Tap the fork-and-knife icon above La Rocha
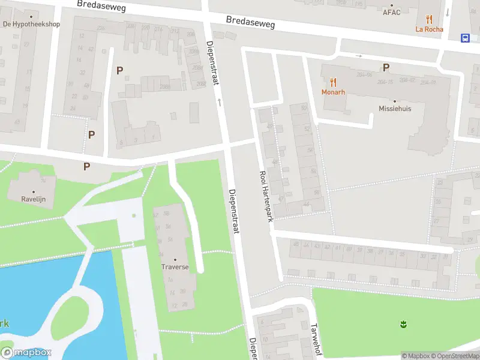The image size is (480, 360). point(428,19)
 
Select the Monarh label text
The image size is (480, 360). point(333,92)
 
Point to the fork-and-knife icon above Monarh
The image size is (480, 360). point(333,82)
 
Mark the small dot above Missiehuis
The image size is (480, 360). point(395,101)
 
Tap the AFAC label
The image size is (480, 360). point(391,12)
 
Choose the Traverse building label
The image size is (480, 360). point(175,266)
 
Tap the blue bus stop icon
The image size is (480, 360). point(466,38)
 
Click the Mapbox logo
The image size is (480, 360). point(26,353)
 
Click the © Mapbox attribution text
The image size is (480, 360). point(415,356)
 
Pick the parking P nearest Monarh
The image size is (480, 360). point(386,67)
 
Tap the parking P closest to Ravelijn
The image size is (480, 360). point(87,166)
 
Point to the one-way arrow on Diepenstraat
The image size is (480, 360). point(220,103)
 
